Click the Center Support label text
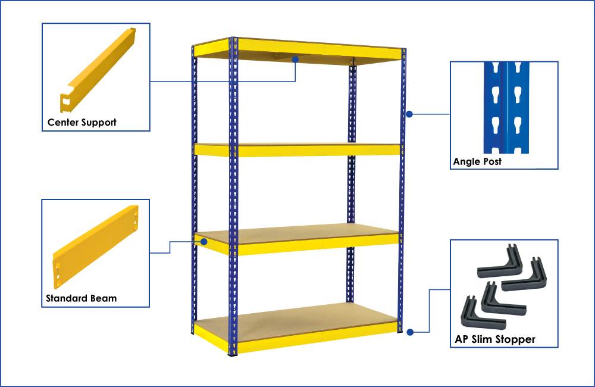point(82,123)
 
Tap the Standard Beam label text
point(81,298)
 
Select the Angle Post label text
point(477,161)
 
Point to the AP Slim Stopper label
point(494,339)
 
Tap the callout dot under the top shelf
point(296,60)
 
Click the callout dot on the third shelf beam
point(204,242)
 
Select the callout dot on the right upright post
point(409,113)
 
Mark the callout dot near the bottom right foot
point(410,332)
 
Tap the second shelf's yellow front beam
point(315,150)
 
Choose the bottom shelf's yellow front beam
point(315,339)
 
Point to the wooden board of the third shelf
point(297,232)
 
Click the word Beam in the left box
point(104,298)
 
